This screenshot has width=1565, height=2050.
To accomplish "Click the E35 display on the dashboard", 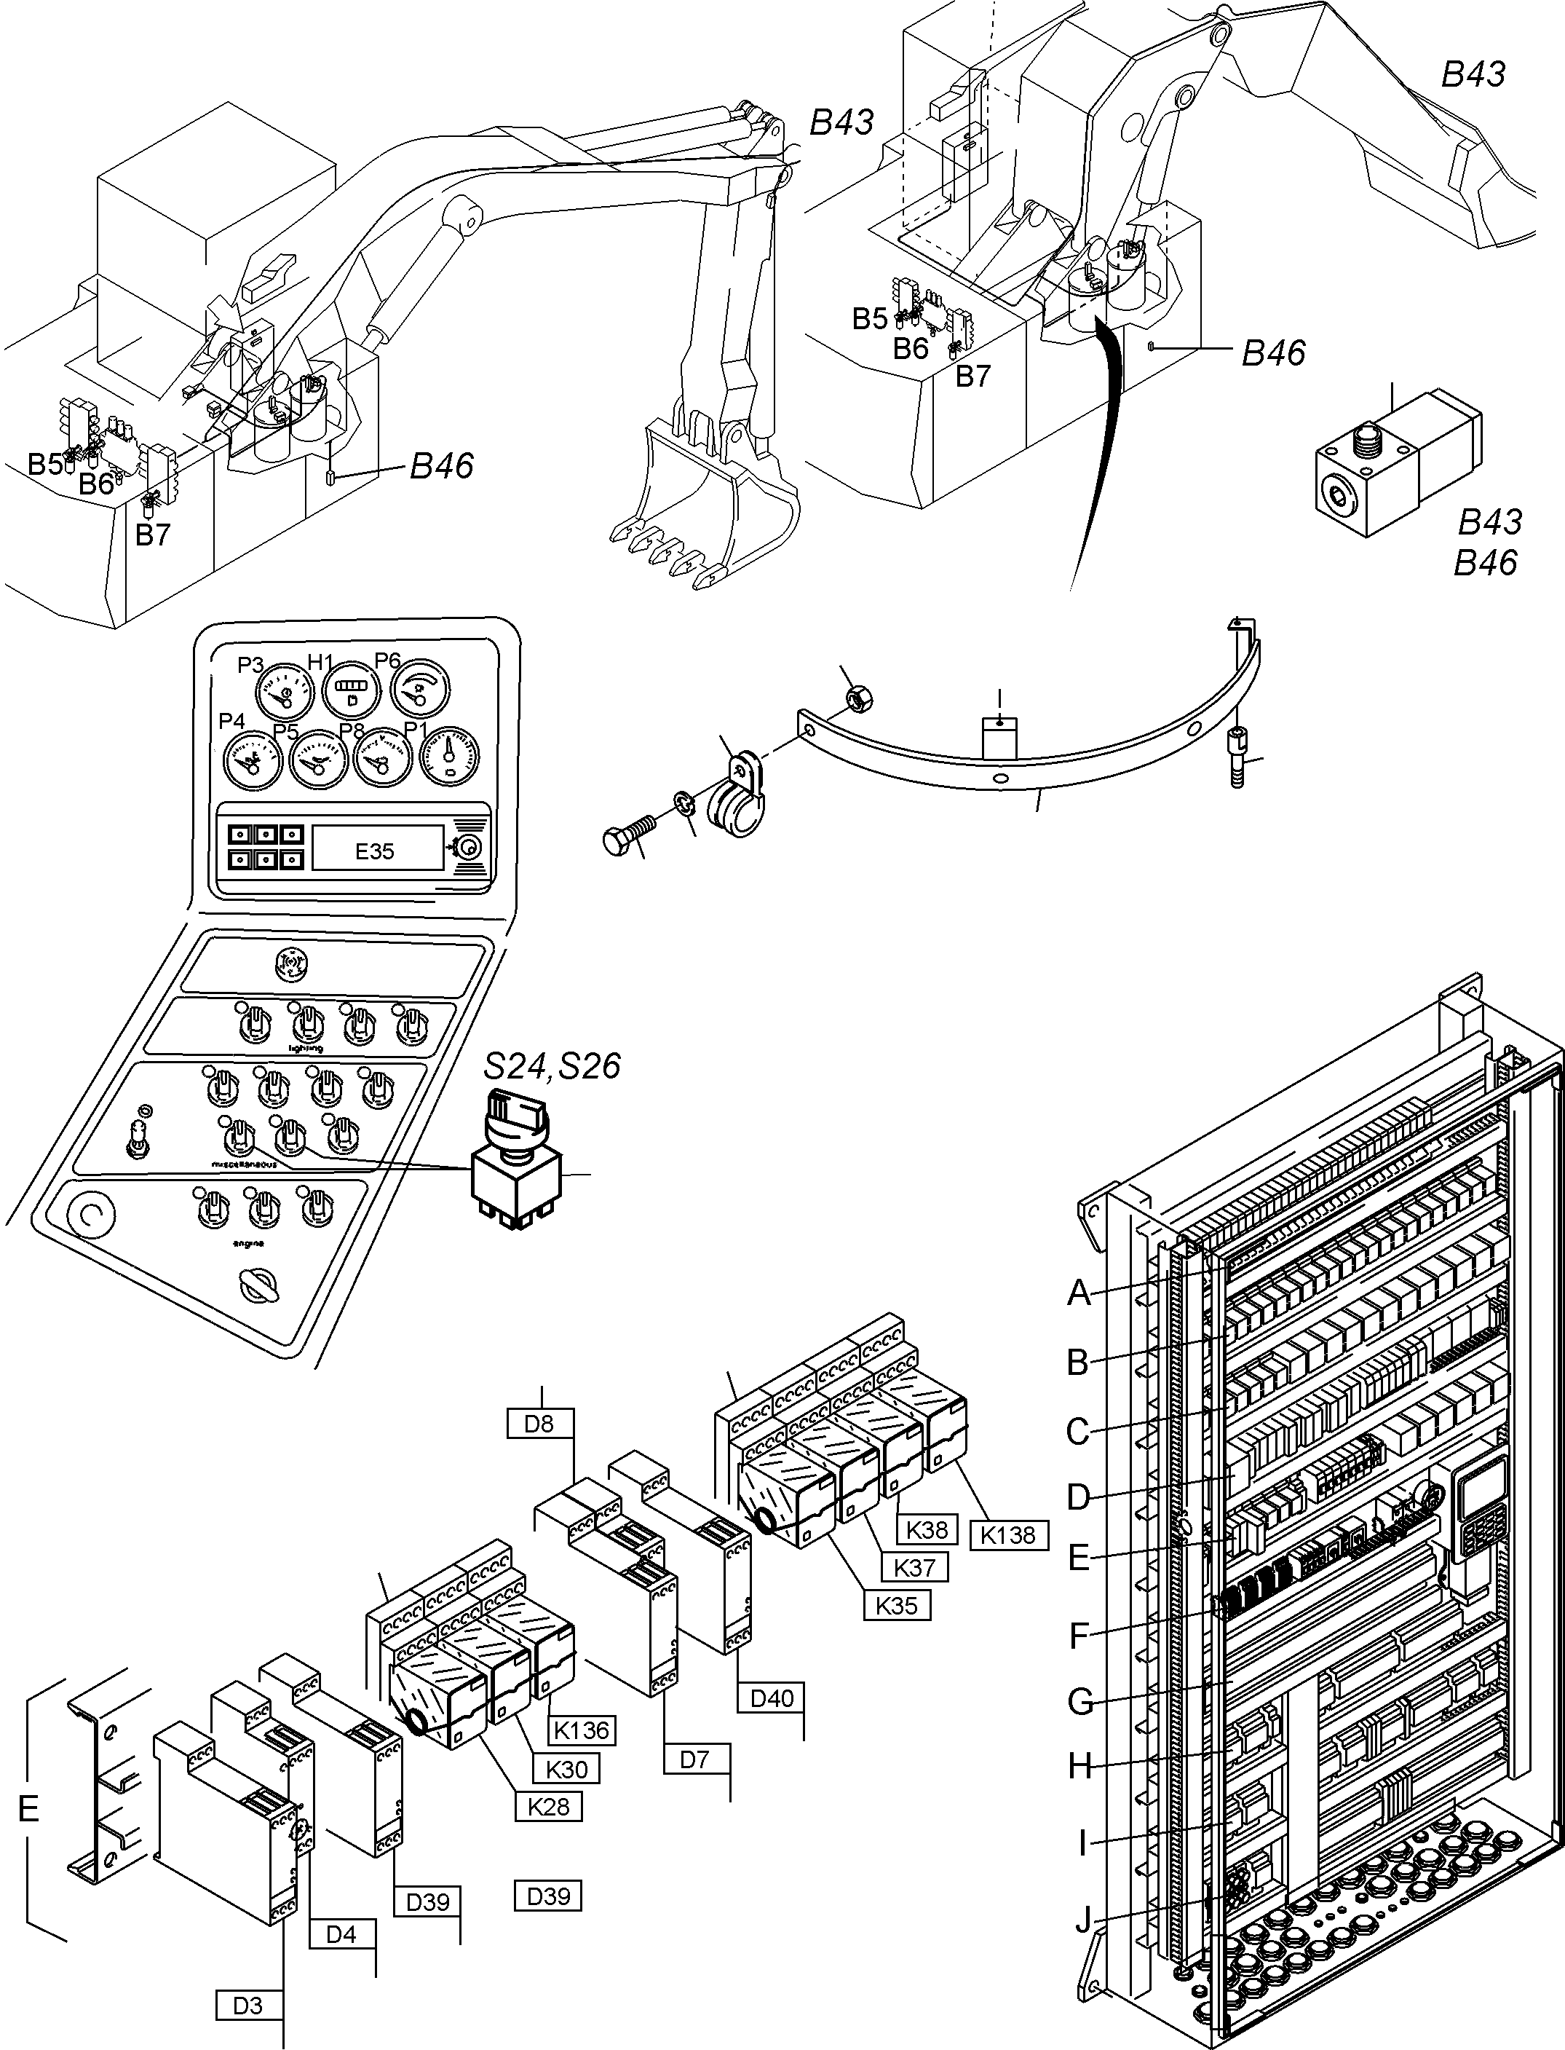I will (x=376, y=850).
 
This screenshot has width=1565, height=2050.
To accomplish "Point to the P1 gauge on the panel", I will (x=450, y=754).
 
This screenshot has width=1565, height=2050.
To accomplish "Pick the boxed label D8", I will (x=539, y=1424).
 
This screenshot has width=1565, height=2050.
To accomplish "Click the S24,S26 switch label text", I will (x=552, y=1066).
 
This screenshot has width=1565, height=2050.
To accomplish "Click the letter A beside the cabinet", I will (x=1078, y=1293).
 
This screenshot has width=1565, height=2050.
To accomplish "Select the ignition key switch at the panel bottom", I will (x=254, y=1287).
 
